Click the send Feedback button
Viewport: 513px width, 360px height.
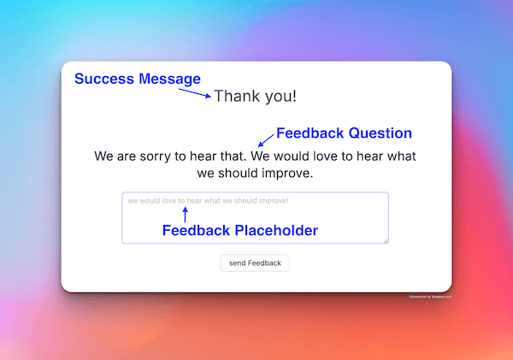pyautogui.click(x=255, y=263)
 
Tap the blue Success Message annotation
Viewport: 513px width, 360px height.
pyautogui.click(x=138, y=79)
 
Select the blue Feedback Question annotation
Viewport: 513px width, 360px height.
pyautogui.click(x=344, y=133)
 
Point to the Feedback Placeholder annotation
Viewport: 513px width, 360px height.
pyautogui.click(x=240, y=230)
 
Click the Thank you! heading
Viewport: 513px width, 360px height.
pyautogui.click(x=256, y=96)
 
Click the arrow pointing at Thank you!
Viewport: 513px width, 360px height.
pyautogui.click(x=194, y=91)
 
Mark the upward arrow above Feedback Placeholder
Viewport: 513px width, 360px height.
pyautogui.click(x=185, y=215)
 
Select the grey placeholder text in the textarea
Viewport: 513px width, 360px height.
pyautogui.click(x=209, y=201)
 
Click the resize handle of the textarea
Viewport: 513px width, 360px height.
pyautogui.click(x=386, y=240)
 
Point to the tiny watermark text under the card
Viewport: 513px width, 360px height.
pyautogui.click(x=430, y=297)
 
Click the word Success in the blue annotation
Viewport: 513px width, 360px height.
pyautogui.click(x=105, y=79)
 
